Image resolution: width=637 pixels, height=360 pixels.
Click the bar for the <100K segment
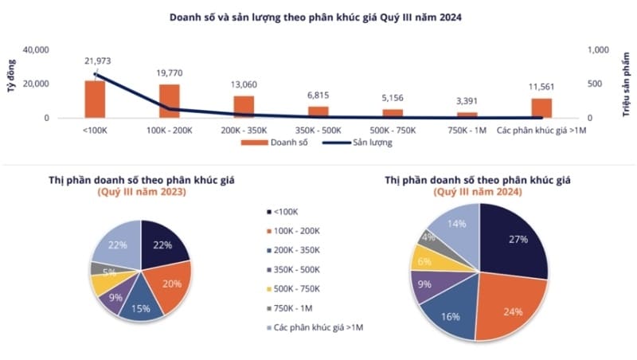95,99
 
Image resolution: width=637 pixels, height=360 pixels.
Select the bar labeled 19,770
170,101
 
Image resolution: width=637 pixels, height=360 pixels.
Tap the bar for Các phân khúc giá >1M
541,108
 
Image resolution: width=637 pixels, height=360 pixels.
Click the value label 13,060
244,85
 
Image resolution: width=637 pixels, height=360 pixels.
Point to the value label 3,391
467,101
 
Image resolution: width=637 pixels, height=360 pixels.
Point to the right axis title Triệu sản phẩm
625,84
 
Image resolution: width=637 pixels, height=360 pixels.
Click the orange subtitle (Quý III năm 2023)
142,192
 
